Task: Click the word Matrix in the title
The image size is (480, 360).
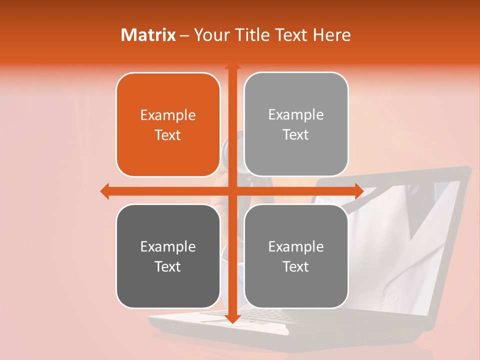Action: point(148,35)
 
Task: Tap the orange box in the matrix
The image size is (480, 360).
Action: point(168,124)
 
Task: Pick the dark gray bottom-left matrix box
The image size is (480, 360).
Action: point(168,256)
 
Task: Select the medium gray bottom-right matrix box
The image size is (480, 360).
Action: point(296,256)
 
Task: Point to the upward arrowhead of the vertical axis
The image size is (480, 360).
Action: point(232,66)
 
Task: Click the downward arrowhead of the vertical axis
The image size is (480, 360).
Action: point(232,319)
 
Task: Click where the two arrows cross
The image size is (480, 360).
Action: point(232,191)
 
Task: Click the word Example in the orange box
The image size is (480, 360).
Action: point(168,115)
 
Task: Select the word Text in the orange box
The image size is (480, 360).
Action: point(168,135)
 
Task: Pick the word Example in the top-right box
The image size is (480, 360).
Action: point(296,115)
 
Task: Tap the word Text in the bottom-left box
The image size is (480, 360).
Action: point(168,266)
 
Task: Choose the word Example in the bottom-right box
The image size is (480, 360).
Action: point(296,246)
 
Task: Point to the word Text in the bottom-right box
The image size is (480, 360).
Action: point(296,266)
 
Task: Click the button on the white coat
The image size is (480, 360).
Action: point(393,298)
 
